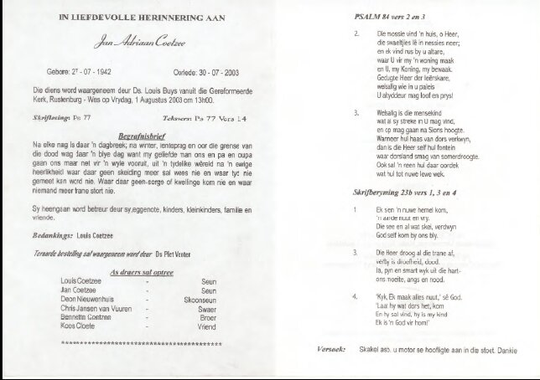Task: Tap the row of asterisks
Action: pyautogui.click(x=141, y=344)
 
